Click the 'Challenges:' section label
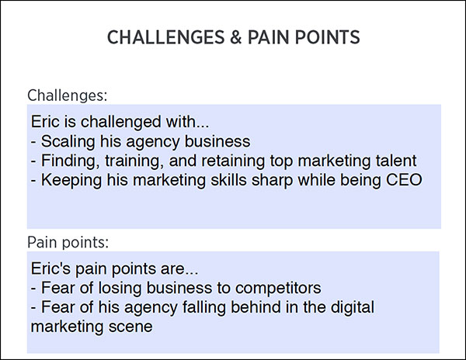(67, 95)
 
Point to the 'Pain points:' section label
(68, 241)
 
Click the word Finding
(71, 161)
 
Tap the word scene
(131, 327)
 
